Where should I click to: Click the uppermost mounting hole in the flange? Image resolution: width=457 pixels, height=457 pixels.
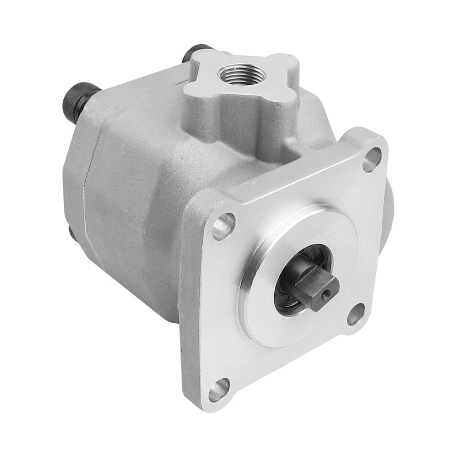point(371,158)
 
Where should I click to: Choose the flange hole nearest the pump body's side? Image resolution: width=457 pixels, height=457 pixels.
point(224,226)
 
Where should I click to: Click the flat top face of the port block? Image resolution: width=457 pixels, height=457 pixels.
point(268,74)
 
